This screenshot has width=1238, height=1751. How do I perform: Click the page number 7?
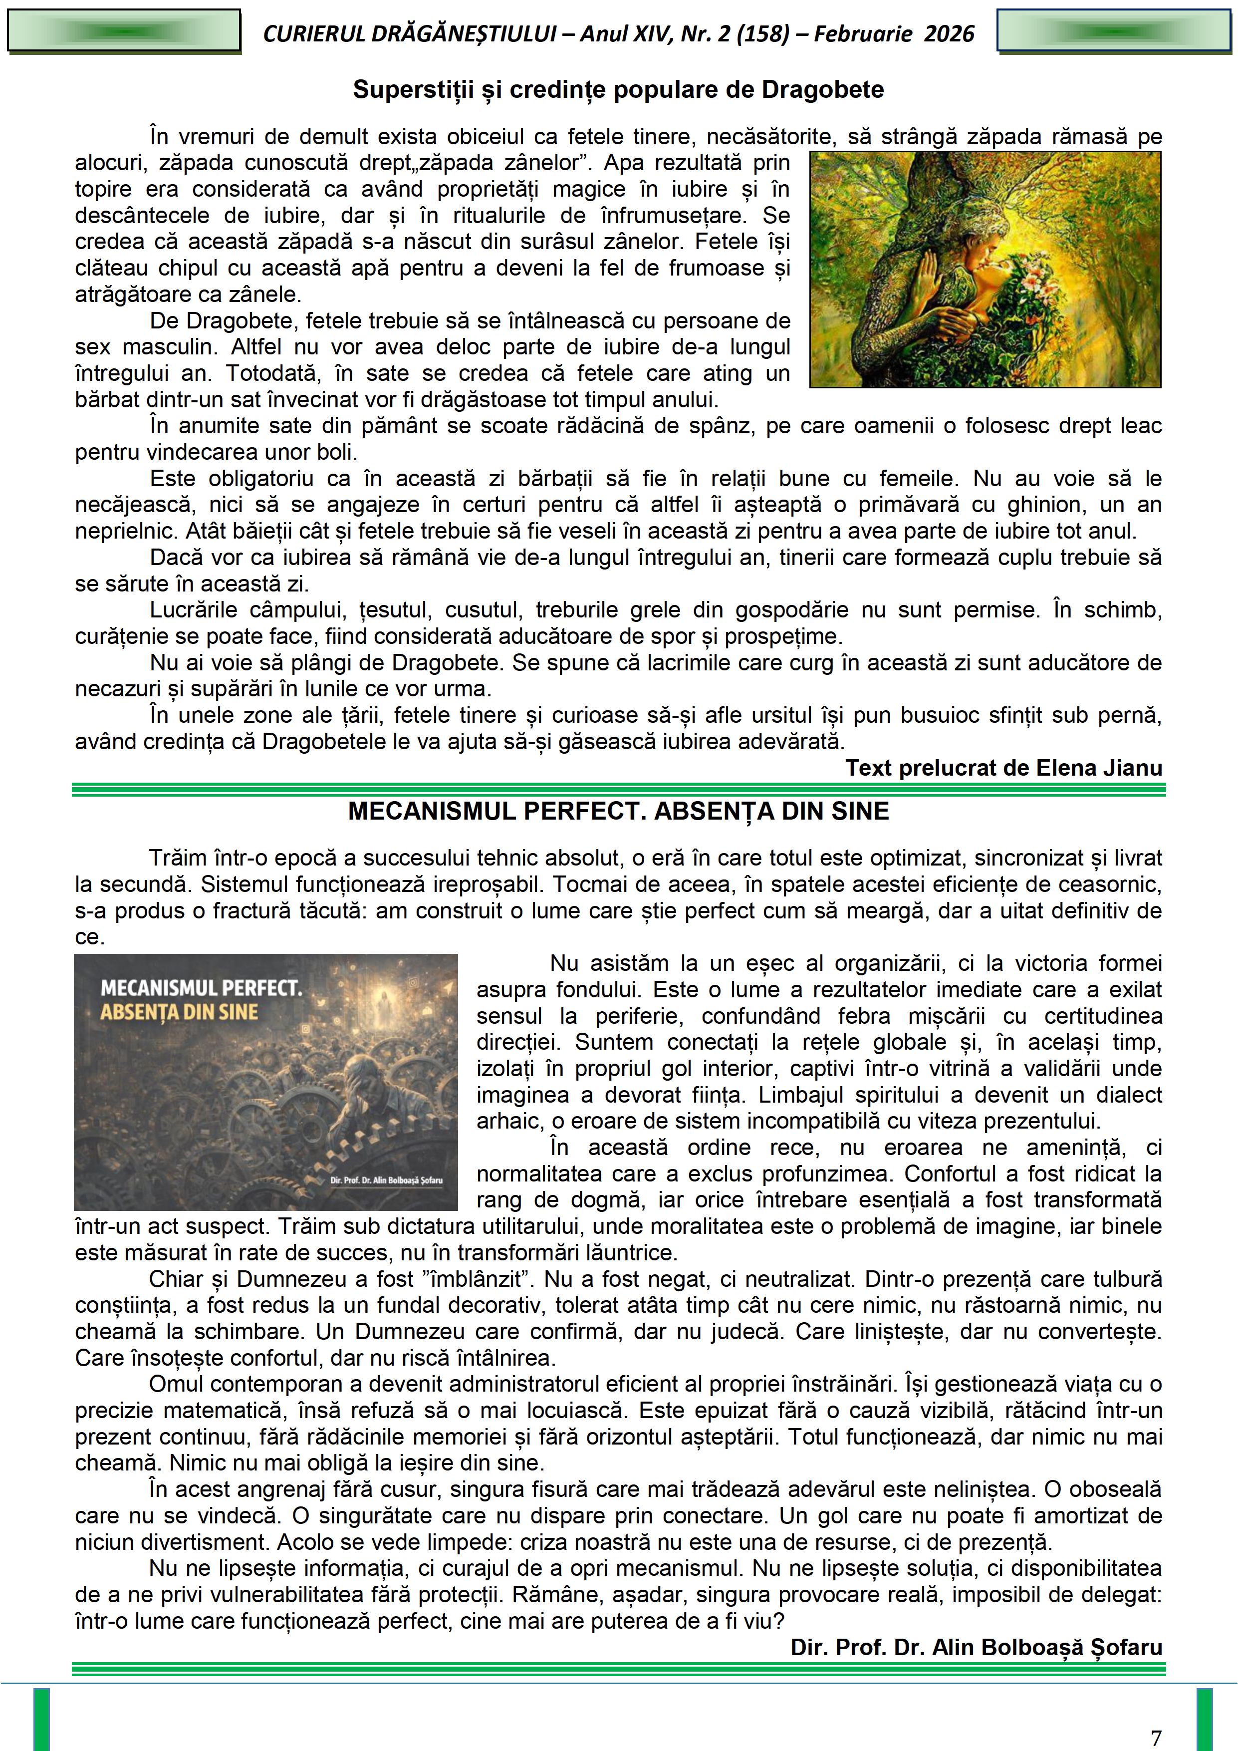click(1156, 1737)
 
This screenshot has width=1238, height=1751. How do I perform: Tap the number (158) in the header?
click(762, 33)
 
